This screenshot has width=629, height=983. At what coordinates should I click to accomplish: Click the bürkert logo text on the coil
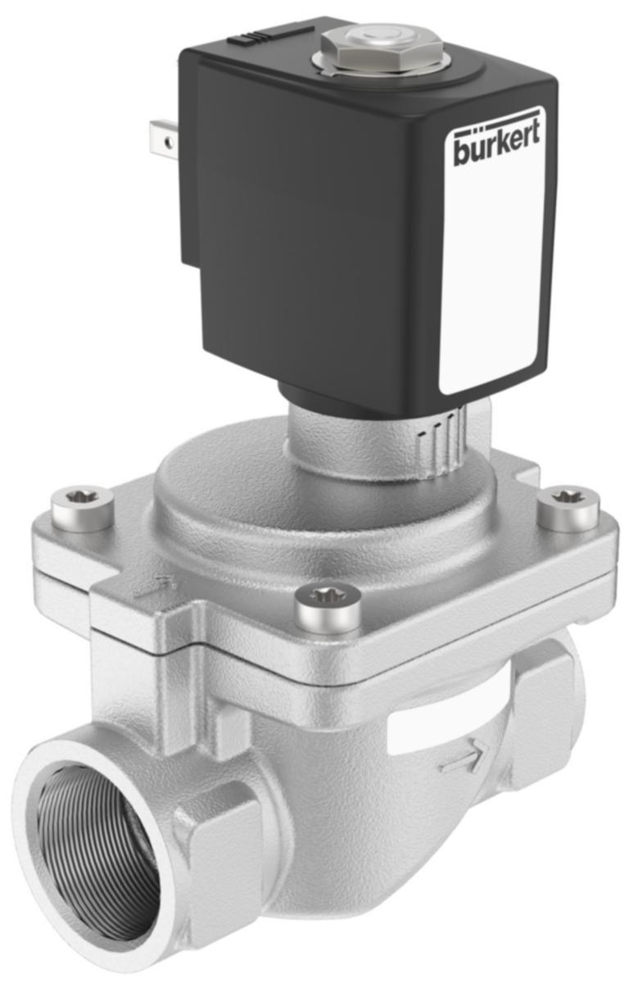pos(497,147)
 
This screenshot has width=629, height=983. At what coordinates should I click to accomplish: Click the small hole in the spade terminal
pos(168,143)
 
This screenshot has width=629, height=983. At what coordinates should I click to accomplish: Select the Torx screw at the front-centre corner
pos(328,606)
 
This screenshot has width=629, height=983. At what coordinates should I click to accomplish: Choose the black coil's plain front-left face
pos(311,246)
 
